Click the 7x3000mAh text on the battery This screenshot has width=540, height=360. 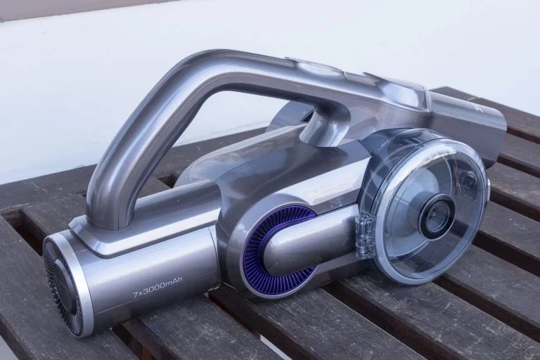(157, 290)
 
